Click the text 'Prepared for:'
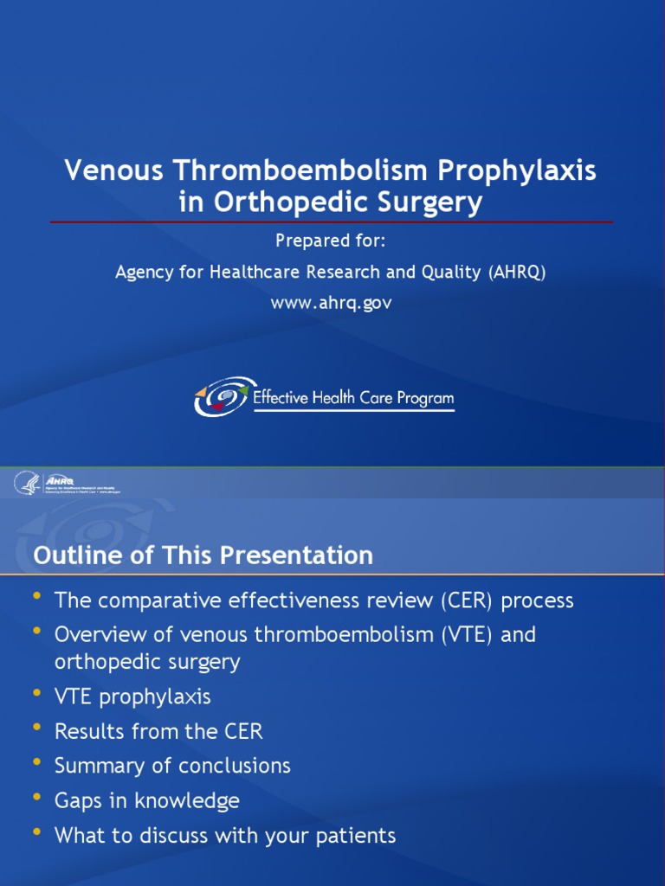pyautogui.click(x=330, y=241)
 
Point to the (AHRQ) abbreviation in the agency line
pyautogui.click(x=518, y=272)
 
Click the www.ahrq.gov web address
pyautogui.click(x=332, y=304)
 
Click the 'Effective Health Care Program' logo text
pyautogui.click(x=352, y=399)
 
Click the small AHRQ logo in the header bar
pyautogui.click(x=61, y=480)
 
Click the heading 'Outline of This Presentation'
pyautogui.click(x=203, y=555)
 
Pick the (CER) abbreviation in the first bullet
pyautogui.click(x=469, y=600)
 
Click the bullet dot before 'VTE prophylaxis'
pyautogui.click(x=37, y=694)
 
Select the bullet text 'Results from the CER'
pyautogui.click(x=158, y=731)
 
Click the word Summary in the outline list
pyautogui.click(x=94, y=766)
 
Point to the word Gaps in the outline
pyautogui.click(x=78, y=800)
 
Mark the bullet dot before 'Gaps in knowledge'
pyautogui.click(x=37, y=798)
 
